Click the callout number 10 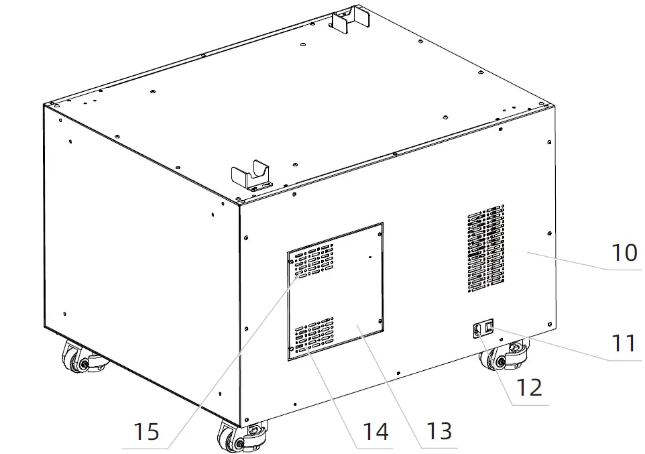coord(624,253)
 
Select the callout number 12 coord(530,388)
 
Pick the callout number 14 coord(375,431)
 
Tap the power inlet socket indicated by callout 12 coord(479,329)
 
